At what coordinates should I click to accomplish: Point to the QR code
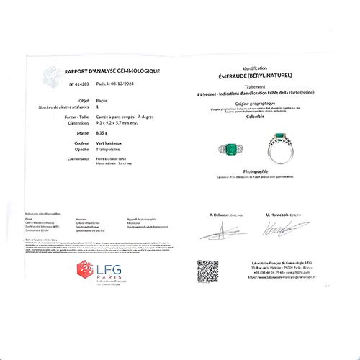pos(207,270)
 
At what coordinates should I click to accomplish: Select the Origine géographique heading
pos(259,103)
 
